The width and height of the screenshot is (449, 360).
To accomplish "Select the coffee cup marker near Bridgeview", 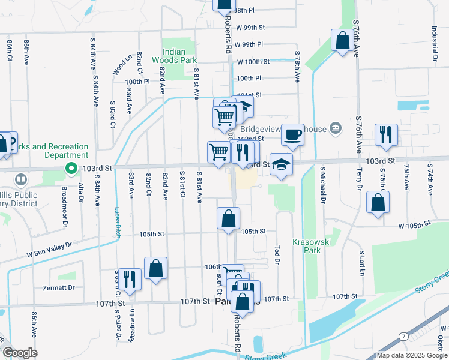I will (292, 134).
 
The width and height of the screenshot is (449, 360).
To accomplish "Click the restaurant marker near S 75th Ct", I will (385, 134).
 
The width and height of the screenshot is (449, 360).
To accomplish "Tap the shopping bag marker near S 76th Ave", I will (342, 41).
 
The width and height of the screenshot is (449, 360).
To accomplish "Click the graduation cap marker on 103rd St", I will (280, 165).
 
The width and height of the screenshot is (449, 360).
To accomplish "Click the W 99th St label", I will (250, 28).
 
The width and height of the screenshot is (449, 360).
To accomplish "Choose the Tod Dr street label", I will (277, 248).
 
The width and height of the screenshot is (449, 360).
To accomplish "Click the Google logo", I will (20, 353).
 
